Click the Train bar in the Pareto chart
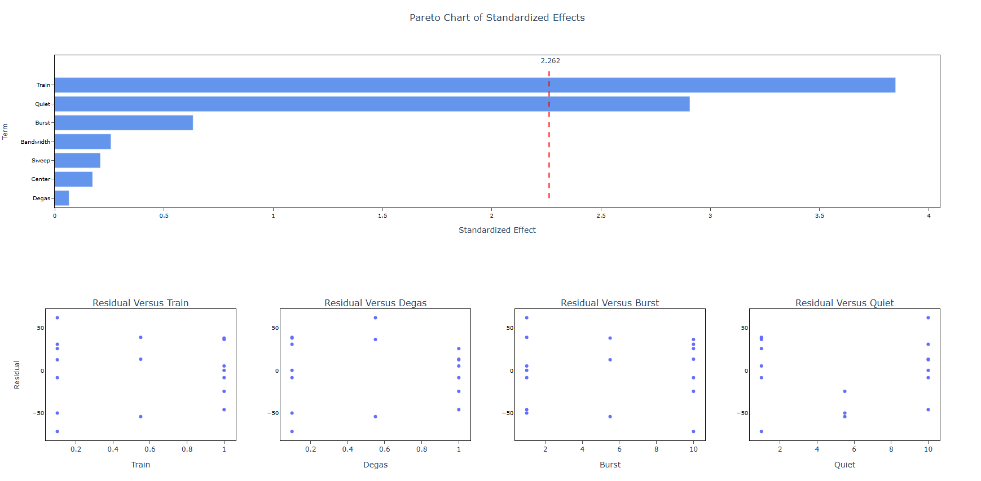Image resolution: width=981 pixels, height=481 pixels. point(474,85)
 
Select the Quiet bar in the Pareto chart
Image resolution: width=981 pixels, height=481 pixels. point(372,104)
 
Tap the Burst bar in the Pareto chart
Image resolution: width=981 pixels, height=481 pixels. point(124,123)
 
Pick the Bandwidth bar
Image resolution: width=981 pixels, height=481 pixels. point(82,142)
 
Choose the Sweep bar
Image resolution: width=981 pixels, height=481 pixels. point(77,161)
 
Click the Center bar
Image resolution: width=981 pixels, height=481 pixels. point(73,179)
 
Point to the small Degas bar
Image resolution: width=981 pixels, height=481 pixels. point(61,198)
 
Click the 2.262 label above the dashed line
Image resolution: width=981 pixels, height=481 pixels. point(550,61)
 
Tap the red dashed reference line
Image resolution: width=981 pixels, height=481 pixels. point(549,169)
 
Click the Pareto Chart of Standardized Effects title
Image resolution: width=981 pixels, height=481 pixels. point(497,17)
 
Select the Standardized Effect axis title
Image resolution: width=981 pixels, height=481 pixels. point(497,230)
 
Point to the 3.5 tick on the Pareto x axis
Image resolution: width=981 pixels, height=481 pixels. point(819,215)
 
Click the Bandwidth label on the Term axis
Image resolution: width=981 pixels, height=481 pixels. point(36,142)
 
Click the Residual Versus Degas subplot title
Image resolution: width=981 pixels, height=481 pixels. point(375,303)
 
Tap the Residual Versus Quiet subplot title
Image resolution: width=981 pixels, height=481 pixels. point(844,303)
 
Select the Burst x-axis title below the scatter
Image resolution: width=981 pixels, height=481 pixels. point(610,465)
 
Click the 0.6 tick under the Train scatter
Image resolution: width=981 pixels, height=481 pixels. point(150,449)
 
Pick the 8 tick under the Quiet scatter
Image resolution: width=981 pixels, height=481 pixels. point(891,449)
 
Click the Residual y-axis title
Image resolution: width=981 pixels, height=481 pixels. point(17,375)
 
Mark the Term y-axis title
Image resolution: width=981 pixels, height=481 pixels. point(5,131)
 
